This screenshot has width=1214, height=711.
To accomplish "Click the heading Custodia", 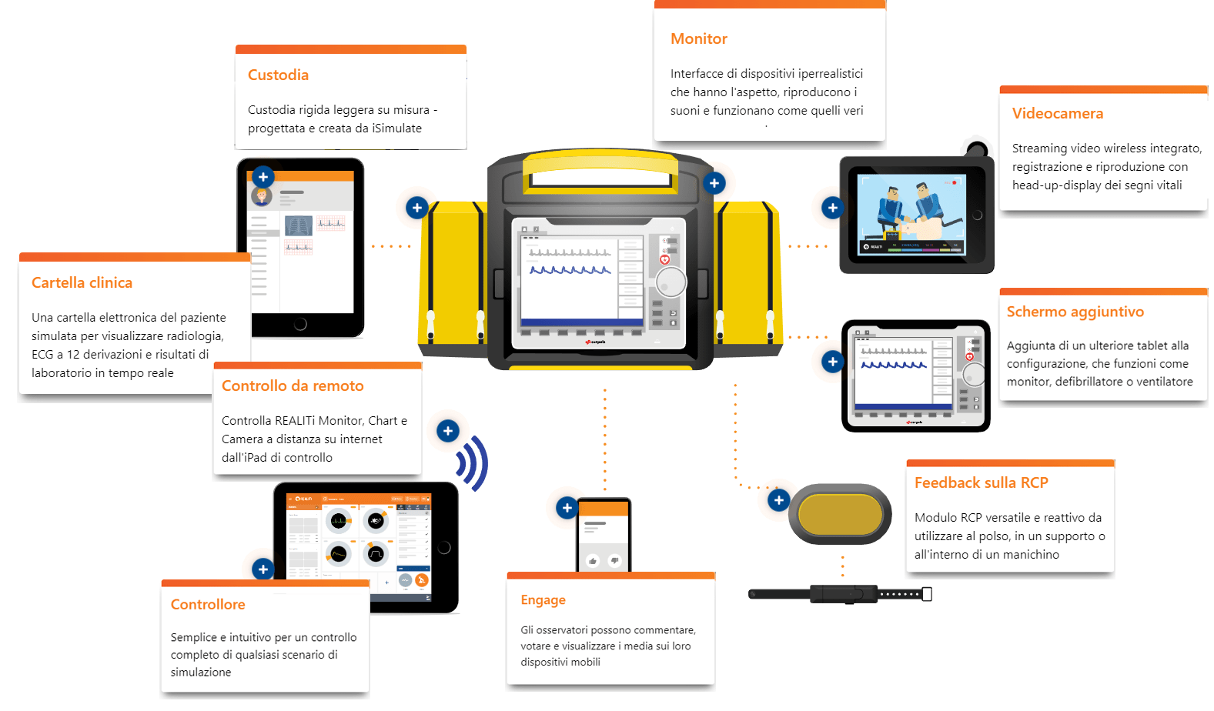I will coord(278,75).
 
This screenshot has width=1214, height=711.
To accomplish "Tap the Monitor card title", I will coord(698,38).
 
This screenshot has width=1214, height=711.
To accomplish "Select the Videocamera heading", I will coord(1057,113).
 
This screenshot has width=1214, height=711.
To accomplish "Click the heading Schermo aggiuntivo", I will coord(1075,312).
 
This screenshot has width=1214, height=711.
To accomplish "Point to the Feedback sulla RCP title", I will coord(981,482).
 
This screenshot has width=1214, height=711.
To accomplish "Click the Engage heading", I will coord(543,600).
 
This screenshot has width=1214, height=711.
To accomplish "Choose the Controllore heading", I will coord(208,605).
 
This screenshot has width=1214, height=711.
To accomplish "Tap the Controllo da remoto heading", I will coord(293,386).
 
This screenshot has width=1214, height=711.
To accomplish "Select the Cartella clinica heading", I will coord(82,282).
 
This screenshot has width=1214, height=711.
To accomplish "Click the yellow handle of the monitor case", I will coord(600,164).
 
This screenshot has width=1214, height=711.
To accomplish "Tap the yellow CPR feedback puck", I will coord(840,514).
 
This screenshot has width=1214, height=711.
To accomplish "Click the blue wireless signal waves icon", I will coord(473,463).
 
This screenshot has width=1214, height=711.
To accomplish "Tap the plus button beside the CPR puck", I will coord(778,500).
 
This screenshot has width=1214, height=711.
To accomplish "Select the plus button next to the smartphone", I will coord(567,508).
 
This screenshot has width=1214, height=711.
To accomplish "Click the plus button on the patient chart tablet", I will coord(263,177).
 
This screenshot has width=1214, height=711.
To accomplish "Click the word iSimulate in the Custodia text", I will coord(396,129).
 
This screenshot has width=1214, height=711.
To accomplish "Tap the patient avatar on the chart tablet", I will coord(262,195).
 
